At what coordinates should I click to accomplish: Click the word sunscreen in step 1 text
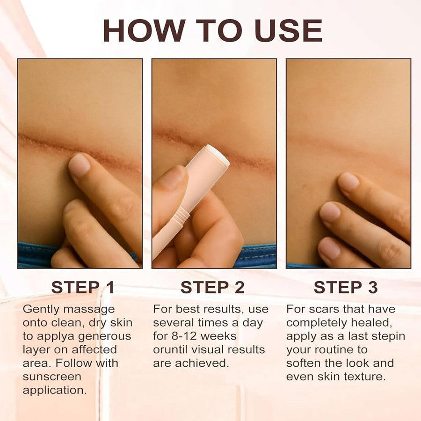point(52,377)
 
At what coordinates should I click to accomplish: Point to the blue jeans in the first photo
point(35,255)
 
